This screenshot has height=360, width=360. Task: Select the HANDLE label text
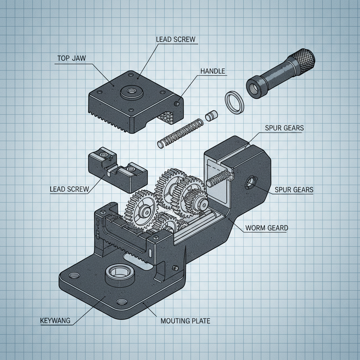(212, 71)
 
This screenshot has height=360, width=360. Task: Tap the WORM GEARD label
(266, 228)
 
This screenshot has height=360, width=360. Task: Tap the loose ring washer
(234, 102)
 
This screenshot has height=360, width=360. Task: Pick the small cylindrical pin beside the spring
(211, 116)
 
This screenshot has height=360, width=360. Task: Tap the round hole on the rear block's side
(250, 182)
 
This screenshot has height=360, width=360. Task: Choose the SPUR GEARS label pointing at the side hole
(294, 190)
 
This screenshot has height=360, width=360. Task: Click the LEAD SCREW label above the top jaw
(175, 39)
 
